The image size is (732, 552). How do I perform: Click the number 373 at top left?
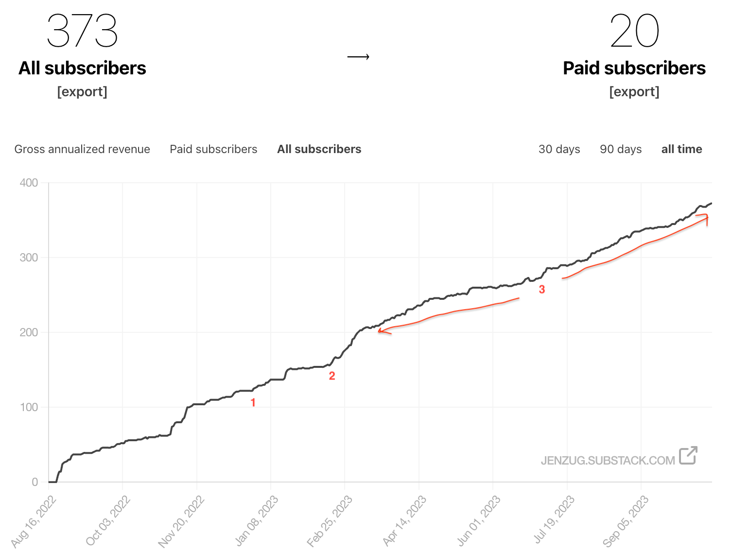[82, 31]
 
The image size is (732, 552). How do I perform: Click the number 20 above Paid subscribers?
[634, 31]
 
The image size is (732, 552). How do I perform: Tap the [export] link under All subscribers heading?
[82, 91]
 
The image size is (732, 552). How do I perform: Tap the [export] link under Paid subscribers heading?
[634, 91]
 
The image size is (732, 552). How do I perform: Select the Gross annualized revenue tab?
[82, 149]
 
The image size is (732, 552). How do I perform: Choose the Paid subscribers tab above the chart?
[213, 149]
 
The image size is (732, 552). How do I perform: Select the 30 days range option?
[559, 149]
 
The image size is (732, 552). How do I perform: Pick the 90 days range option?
[621, 149]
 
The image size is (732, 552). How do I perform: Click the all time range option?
[681, 149]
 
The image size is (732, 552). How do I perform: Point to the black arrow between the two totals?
[358, 57]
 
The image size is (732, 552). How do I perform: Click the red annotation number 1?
[253, 402]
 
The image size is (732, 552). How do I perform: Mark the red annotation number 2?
[332, 376]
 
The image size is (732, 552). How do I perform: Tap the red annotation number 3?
[542, 290]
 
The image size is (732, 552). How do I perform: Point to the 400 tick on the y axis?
[29, 183]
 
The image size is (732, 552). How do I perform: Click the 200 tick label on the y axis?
[29, 332]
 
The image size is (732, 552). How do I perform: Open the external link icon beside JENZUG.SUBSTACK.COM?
[688, 455]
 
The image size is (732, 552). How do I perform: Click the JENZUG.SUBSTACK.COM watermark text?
[608, 460]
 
